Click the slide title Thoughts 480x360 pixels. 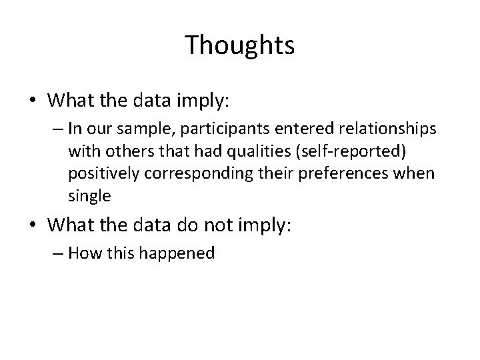point(239,45)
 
